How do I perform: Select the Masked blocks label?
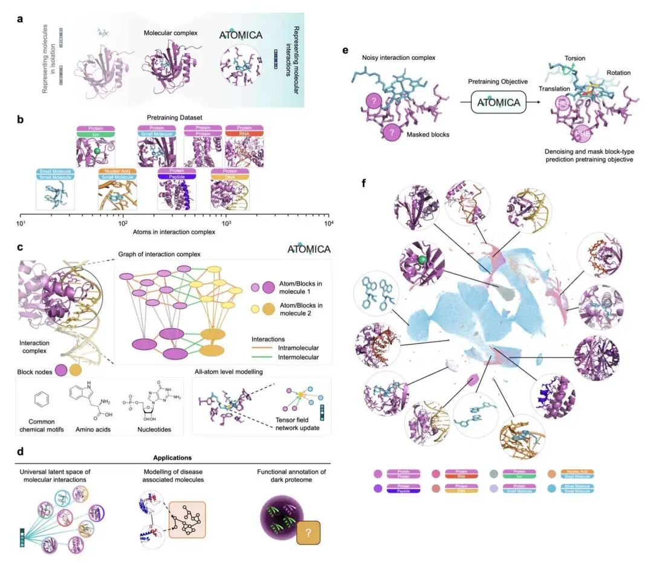[427, 134]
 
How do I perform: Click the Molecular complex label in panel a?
[171, 33]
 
